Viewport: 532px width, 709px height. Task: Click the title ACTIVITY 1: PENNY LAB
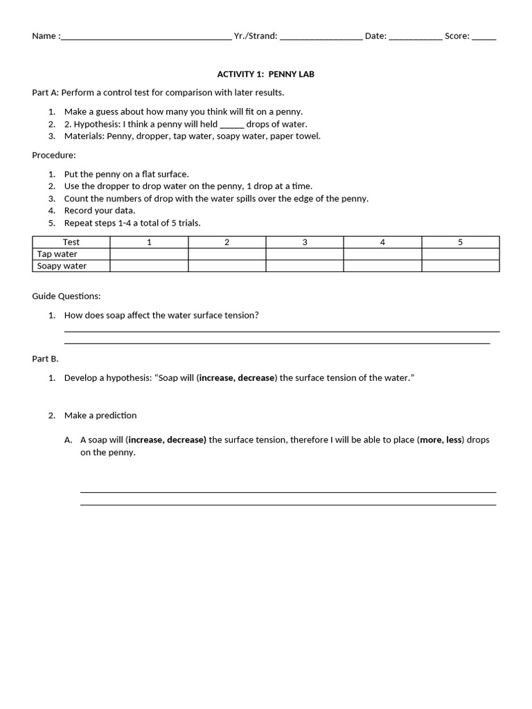click(x=265, y=74)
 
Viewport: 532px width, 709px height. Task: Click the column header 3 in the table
click(x=305, y=242)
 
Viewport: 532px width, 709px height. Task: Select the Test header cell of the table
click(x=71, y=242)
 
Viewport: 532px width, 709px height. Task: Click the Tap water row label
click(x=57, y=254)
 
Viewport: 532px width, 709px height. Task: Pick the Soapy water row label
click(x=62, y=266)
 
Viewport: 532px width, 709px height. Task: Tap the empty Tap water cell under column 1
click(x=149, y=254)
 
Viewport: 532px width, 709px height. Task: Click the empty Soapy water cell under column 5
click(x=460, y=266)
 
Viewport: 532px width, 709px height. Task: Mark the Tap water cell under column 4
click(x=382, y=254)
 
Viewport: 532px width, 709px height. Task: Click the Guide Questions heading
click(x=66, y=296)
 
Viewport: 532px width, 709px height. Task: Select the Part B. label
click(x=46, y=359)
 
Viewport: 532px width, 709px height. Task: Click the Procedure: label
click(x=54, y=155)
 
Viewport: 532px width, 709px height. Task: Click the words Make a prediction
click(x=100, y=415)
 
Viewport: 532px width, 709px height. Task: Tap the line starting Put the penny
click(x=126, y=174)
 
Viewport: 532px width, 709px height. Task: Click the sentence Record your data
click(x=100, y=210)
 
